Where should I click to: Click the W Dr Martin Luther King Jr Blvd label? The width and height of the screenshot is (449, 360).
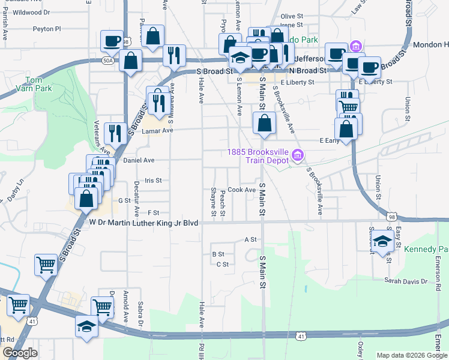[143, 223]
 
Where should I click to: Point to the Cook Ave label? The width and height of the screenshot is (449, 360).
[242, 190]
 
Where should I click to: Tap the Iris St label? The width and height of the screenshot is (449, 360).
[154, 180]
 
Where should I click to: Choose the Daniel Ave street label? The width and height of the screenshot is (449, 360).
[139, 160]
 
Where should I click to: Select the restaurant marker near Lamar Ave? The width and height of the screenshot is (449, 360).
[114, 132]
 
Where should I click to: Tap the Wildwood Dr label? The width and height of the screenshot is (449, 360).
[31, 12]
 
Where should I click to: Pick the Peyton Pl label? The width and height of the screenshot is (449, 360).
[47, 28]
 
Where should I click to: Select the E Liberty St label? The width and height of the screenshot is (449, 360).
[375, 82]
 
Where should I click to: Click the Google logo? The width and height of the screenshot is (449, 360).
[20, 353]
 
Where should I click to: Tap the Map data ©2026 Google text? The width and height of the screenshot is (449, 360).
[411, 355]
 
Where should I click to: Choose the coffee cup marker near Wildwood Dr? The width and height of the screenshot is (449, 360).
[112, 41]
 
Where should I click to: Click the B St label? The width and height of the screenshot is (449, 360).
[218, 254]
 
